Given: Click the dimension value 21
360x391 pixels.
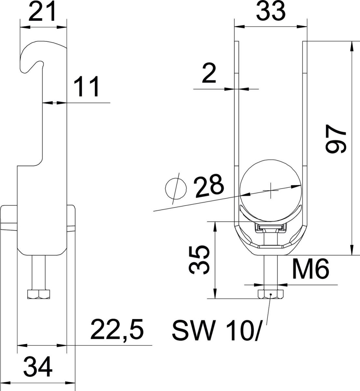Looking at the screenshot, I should click(x=43, y=12).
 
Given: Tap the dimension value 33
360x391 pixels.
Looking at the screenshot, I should click(x=270, y=12).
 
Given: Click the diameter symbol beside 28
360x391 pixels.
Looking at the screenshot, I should click(x=176, y=188).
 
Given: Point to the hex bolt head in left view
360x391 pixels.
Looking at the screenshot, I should click(x=38, y=294).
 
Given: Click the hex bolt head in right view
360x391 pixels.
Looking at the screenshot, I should click(x=270, y=295).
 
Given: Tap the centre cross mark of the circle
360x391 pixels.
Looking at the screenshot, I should click(x=270, y=191).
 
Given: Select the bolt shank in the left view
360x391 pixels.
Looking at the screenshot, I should click(x=38, y=272).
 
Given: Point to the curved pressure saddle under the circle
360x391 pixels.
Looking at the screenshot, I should click(x=270, y=213).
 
